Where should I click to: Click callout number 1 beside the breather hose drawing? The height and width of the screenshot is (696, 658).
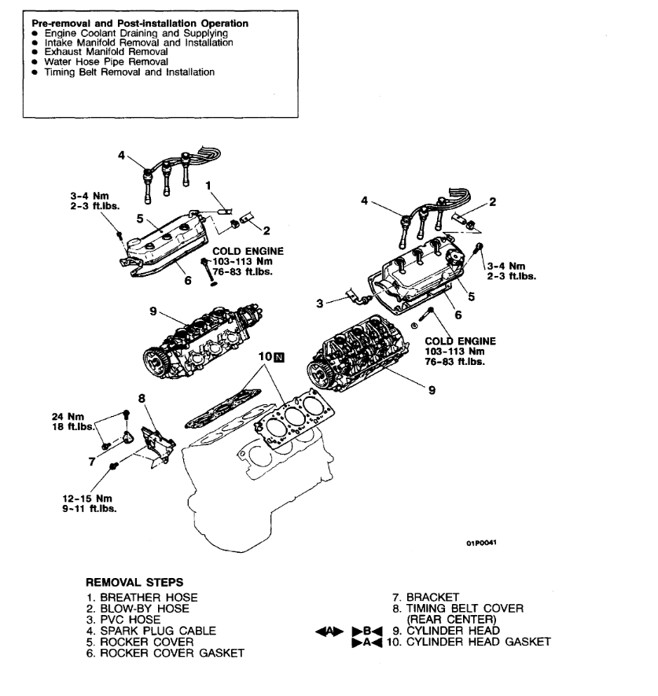[208, 186]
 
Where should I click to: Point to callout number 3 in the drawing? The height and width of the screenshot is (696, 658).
[321, 304]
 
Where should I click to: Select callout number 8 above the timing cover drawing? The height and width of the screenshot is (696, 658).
[142, 399]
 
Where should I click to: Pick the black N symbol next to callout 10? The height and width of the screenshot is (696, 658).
[280, 358]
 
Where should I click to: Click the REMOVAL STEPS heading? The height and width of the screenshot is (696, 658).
[134, 583]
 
